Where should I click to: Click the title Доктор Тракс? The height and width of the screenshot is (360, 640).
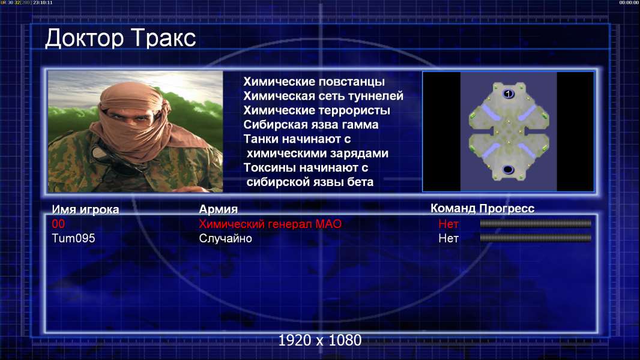(x=121, y=39)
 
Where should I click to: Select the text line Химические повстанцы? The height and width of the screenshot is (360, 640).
(x=314, y=82)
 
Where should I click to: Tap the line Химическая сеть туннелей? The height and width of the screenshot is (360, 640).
(x=323, y=96)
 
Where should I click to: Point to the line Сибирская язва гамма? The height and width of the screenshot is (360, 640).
(x=311, y=124)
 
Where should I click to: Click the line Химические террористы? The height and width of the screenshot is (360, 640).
(x=317, y=110)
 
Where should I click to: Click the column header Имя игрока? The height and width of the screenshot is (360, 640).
(x=85, y=209)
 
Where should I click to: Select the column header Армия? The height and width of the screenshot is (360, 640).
(x=218, y=209)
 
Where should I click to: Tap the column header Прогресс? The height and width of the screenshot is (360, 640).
(x=507, y=208)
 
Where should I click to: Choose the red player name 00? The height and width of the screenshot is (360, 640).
(x=58, y=224)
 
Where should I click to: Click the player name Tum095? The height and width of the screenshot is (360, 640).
(x=73, y=238)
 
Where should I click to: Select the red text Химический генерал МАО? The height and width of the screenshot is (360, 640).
(x=270, y=224)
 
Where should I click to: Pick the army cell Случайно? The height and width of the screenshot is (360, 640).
(x=225, y=238)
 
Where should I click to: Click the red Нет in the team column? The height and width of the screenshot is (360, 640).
(x=448, y=224)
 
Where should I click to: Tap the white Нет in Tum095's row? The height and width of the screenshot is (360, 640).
(x=448, y=238)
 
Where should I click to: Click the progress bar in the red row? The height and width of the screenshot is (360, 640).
(x=536, y=223)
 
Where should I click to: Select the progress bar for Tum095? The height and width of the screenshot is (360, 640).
(x=536, y=238)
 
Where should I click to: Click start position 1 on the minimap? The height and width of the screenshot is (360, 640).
(x=508, y=94)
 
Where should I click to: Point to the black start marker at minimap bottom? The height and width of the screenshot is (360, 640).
(x=508, y=169)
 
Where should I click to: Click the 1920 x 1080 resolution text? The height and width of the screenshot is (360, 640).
(x=320, y=340)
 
